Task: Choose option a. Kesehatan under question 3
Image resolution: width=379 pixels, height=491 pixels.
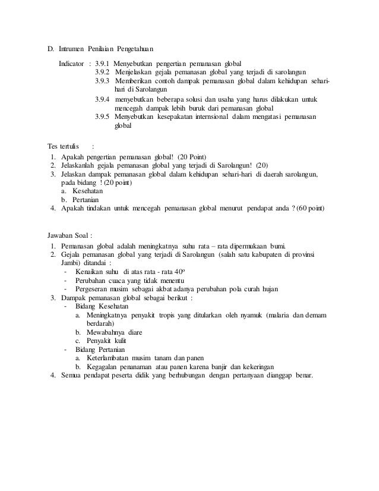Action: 83,191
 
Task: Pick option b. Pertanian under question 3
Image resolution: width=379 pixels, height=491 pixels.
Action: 82,199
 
